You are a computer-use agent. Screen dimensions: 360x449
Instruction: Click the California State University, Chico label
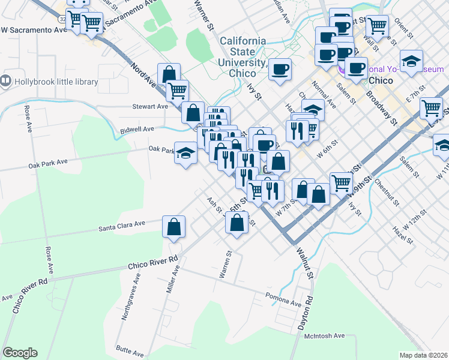coord(243,56)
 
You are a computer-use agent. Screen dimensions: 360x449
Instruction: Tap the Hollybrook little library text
coord(49,80)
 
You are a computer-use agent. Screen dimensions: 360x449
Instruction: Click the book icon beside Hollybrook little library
coord(6,80)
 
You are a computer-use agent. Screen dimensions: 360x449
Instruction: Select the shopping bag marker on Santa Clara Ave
coord(173,227)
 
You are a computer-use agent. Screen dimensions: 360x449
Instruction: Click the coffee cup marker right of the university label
coord(280,70)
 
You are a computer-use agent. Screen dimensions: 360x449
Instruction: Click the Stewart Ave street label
coord(150,107)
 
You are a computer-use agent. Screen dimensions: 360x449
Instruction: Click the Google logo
coord(20,353)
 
